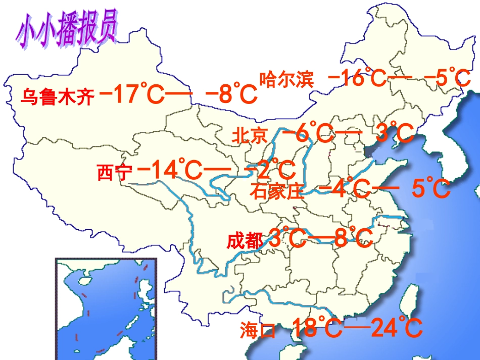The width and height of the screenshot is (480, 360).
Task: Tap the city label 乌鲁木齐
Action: point(57,96)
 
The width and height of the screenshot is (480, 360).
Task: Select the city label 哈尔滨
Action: point(286,80)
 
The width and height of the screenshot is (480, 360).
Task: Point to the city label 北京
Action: point(249,135)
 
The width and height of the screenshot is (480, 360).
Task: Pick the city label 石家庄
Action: point(277,192)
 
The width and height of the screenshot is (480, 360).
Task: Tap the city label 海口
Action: point(258,331)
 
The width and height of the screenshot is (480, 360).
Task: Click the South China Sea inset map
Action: point(106,308)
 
